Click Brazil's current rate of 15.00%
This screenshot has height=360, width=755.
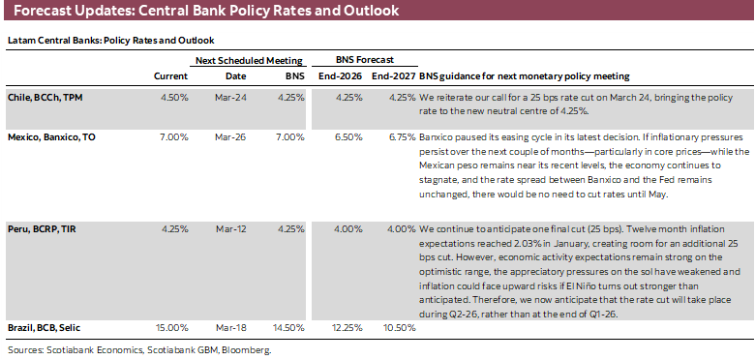(171, 328)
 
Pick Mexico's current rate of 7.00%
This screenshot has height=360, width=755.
(173, 137)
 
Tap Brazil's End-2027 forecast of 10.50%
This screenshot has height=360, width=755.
(397, 328)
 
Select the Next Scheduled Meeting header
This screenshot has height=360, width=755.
(249, 60)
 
